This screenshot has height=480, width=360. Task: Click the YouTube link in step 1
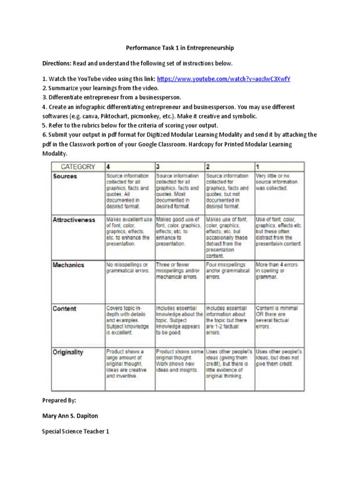(x=224, y=79)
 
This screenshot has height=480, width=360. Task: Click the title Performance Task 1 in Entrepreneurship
(x=180, y=48)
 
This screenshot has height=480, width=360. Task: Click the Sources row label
(x=65, y=176)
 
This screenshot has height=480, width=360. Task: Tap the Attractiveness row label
(x=74, y=219)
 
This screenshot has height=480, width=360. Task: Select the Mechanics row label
(x=68, y=265)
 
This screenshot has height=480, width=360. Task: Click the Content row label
(x=65, y=309)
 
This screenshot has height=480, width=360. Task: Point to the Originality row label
(x=68, y=352)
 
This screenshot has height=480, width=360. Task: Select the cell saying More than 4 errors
(x=277, y=271)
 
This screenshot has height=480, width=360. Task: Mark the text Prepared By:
(x=59, y=401)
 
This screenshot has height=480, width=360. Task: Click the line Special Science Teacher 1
(x=75, y=431)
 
